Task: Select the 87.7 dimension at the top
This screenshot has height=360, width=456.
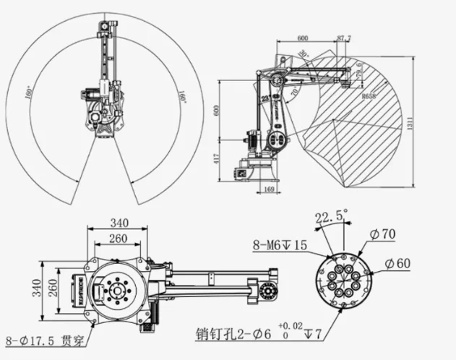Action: point(344,38)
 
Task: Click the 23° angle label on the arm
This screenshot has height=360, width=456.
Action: point(264,97)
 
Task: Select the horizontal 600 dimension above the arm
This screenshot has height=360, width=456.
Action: point(303,38)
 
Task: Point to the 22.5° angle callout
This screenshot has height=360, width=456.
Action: point(331,217)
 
